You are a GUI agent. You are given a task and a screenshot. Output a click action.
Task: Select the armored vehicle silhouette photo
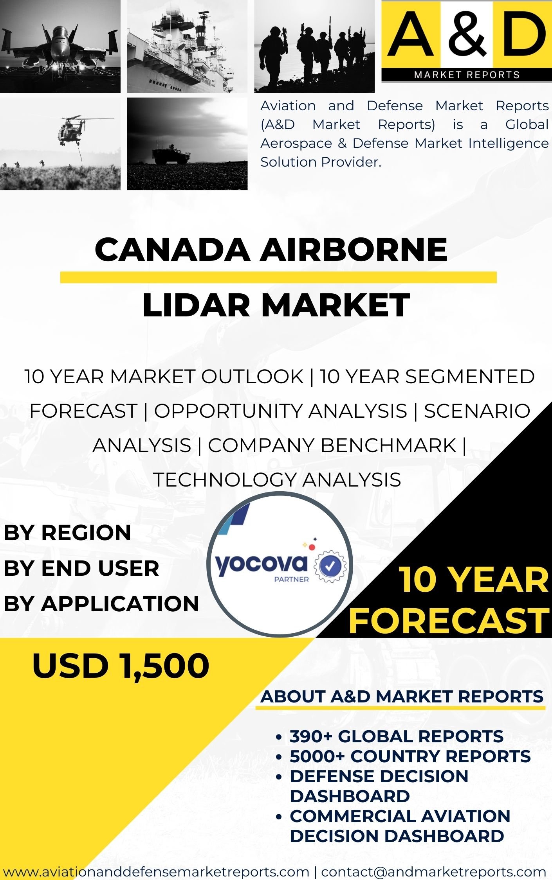coord(187,144)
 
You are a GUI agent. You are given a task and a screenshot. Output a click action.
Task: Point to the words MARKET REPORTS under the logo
coord(467,75)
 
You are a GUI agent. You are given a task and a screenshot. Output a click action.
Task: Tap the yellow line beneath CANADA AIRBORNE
coord(278,277)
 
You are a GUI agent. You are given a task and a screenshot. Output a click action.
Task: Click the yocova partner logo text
coord(262,565)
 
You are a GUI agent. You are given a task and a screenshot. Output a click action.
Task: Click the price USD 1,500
coord(121,666)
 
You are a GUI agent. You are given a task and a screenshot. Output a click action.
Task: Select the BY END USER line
coord(81,568)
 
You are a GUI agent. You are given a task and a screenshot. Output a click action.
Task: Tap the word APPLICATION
coord(120,603)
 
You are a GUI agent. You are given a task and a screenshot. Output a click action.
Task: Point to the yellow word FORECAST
coord(449,621)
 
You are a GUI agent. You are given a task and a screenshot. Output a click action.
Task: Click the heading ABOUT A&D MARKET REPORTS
coord(402,697)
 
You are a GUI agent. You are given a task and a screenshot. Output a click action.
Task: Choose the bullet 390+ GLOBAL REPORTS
coord(397,736)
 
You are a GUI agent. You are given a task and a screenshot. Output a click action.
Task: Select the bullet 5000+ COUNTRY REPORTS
coord(410,756)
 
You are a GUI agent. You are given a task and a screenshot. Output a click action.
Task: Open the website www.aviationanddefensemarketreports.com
coord(156,871)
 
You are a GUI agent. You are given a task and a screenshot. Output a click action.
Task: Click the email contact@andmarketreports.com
coord(433,871)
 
